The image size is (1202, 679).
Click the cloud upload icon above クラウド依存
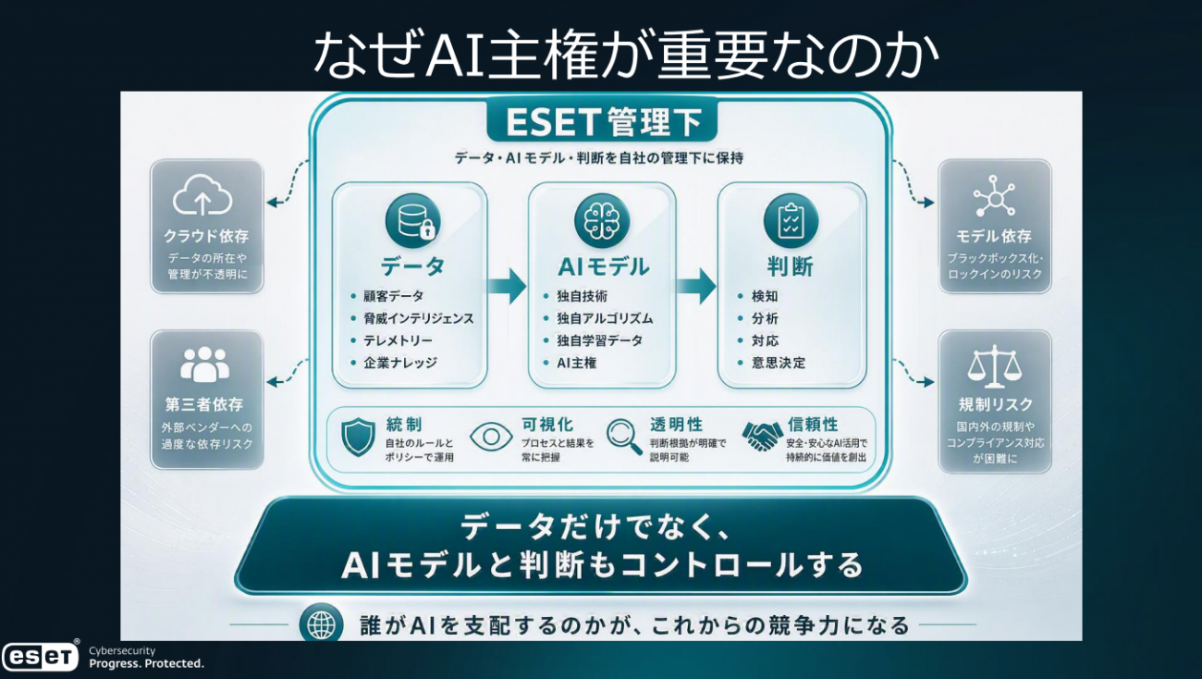pyautogui.click(x=202, y=195)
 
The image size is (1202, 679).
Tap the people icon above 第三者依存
pyautogui.click(x=204, y=364)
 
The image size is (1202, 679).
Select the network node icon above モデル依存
pyautogui.click(x=994, y=196)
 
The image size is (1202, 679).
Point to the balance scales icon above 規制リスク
pyautogui.click(x=994, y=366)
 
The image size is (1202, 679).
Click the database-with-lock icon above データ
pyautogui.click(x=412, y=220)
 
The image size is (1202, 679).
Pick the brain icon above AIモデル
pyautogui.click(x=602, y=220)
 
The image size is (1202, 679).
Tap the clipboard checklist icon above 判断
pyautogui.click(x=791, y=220)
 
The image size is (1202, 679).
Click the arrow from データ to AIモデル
pyautogui.click(x=507, y=286)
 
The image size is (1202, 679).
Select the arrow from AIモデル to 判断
pyautogui.click(x=696, y=286)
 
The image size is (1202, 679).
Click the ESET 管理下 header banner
pyautogui.click(x=602, y=120)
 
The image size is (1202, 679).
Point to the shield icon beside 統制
pyautogui.click(x=358, y=437)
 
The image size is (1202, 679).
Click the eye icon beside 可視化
pyautogui.click(x=491, y=437)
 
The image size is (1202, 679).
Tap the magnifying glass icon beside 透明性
pyautogui.click(x=624, y=437)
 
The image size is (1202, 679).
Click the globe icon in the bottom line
pyautogui.click(x=321, y=623)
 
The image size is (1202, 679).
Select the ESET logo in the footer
pyautogui.click(x=41, y=656)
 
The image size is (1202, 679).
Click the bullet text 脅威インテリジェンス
pyautogui.click(x=419, y=319)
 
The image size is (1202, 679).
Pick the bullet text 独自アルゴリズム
pyautogui.click(x=605, y=319)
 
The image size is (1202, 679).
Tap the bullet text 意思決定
pyautogui.click(x=779, y=363)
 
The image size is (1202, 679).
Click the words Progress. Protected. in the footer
pyautogui.click(x=146, y=664)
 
